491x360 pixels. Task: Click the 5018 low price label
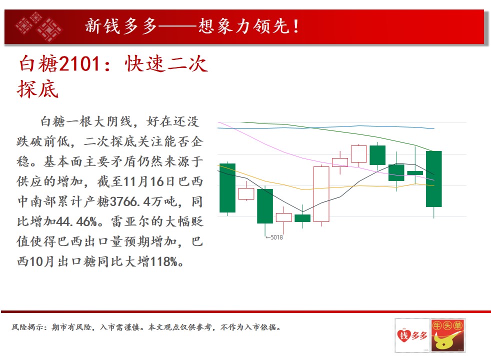(x=274, y=237)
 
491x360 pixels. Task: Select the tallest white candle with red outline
(x=321, y=194)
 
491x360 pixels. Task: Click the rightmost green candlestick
(x=433, y=179)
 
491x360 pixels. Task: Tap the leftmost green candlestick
(x=227, y=188)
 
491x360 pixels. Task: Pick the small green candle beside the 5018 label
(x=302, y=218)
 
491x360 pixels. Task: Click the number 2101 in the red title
(x=79, y=63)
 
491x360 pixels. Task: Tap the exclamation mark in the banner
(x=295, y=26)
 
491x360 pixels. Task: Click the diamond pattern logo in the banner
(x=39, y=27)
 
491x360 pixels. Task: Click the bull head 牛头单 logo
(x=447, y=335)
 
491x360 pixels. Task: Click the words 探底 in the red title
(x=38, y=89)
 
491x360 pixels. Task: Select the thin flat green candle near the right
(x=415, y=173)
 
